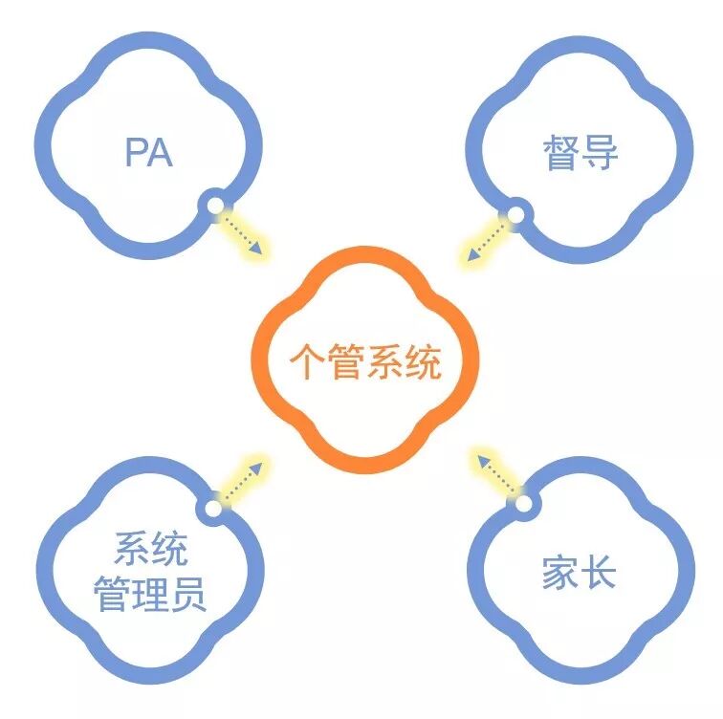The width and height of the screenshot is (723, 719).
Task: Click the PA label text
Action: coord(148,152)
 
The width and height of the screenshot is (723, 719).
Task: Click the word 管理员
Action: coord(150,596)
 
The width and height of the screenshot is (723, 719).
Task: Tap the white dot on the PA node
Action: coord(215,204)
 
